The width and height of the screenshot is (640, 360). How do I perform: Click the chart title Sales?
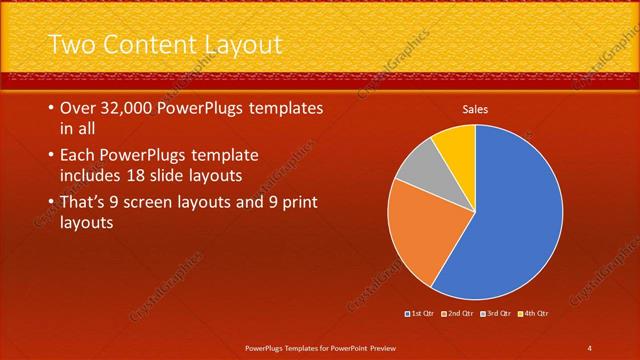point(474,109)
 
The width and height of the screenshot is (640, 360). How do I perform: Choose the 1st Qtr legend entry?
point(421,314)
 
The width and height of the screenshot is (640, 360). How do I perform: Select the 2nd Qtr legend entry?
point(458,314)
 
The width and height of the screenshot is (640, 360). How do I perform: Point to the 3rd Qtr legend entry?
point(496,314)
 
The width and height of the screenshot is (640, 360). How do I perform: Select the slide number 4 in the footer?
point(589,348)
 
